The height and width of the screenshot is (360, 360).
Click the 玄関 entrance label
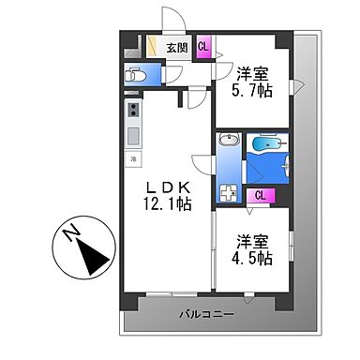177,48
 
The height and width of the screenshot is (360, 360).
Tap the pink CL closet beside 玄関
203,47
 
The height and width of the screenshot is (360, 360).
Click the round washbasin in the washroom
228,141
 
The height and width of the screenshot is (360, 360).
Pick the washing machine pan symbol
228,194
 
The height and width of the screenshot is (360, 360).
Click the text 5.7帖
253,92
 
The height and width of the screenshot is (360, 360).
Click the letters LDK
170,185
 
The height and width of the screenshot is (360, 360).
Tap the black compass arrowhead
92,256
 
